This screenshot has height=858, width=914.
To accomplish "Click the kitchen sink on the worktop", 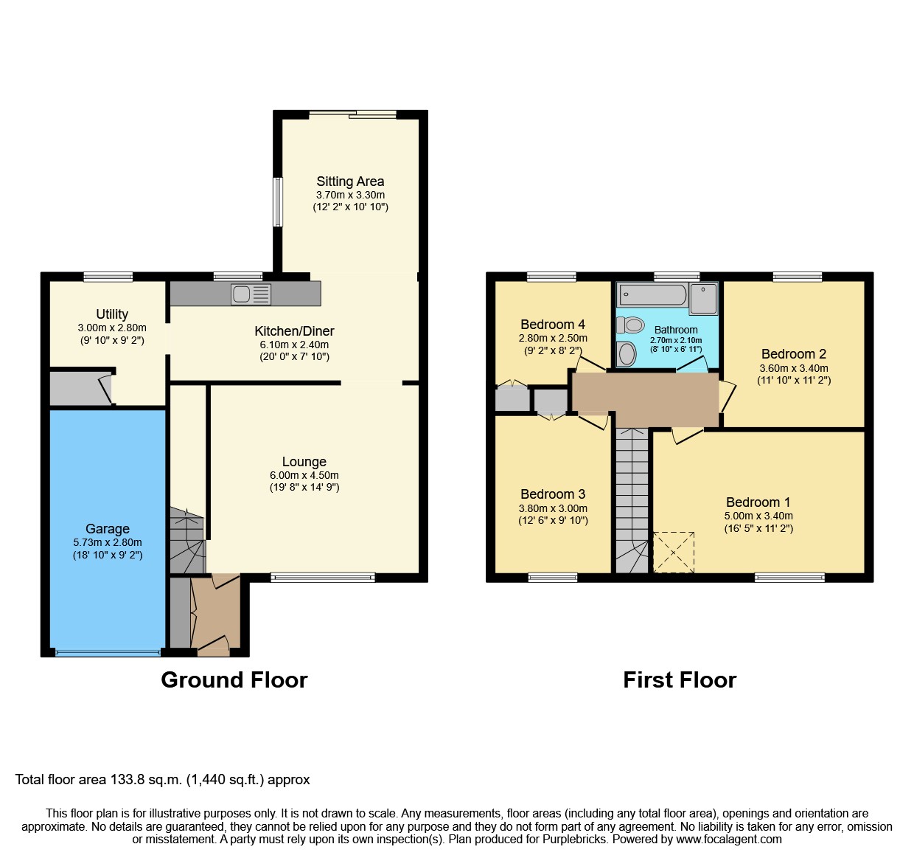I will [251, 294].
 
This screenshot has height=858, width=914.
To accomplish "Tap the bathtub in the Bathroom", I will [652, 295].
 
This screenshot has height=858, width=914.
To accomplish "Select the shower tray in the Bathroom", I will [703, 298].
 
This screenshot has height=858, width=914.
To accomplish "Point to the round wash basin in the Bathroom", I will [627, 354].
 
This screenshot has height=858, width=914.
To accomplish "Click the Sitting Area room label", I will [350, 181].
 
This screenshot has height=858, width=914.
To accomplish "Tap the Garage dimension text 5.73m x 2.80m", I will [108, 542].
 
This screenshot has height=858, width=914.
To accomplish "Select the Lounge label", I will [304, 462].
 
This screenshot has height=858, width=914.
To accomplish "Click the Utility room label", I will [112, 314].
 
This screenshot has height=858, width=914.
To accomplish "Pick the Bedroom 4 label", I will [552, 325].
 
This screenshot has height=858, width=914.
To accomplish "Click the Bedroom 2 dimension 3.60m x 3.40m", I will [793, 368].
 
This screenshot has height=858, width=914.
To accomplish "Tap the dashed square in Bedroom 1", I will [674, 552].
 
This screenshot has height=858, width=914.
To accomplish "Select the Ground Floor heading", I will [234, 679].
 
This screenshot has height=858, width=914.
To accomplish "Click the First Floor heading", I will [680, 679].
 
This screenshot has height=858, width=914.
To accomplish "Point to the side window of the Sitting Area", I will [278, 201].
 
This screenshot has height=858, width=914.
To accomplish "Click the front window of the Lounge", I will [323, 578].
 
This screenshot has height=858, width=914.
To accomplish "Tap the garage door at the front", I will [108, 652].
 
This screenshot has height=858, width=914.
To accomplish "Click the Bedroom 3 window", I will [552, 578].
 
